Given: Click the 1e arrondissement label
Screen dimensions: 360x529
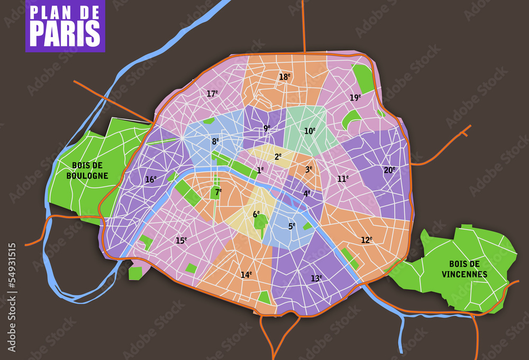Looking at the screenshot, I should click(x=260, y=170).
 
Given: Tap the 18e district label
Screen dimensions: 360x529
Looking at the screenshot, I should click(x=285, y=77).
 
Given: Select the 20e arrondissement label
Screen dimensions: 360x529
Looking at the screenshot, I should click(x=389, y=170).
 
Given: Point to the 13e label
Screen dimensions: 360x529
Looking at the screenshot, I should click(x=316, y=278).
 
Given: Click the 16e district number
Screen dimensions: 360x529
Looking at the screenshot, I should click(x=151, y=179).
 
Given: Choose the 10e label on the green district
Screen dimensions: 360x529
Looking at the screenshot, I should click(x=309, y=131).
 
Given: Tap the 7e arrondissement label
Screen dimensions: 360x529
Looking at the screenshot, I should click(x=218, y=191).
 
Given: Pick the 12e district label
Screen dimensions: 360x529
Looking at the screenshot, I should click(x=367, y=239).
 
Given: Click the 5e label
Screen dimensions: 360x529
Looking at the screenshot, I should click(x=291, y=226).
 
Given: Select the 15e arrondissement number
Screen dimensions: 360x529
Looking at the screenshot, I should click(x=181, y=241).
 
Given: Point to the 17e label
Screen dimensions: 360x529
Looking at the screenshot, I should click(x=212, y=94).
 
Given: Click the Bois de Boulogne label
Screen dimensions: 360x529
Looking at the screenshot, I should click(x=87, y=170).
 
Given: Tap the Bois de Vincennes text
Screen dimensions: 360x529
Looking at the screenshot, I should click(x=464, y=269).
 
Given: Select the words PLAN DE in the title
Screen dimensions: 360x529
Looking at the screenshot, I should click(x=65, y=12).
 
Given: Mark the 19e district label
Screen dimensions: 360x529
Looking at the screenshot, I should click(x=355, y=97).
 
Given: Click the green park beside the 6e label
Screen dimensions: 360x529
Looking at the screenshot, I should click(x=260, y=222).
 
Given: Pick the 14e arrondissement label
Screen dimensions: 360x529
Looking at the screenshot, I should click(x=246, y=274).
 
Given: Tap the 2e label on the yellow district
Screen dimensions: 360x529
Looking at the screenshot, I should click(x=278, y=156).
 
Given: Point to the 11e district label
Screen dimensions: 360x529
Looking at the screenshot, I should click(x=343, y=179).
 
